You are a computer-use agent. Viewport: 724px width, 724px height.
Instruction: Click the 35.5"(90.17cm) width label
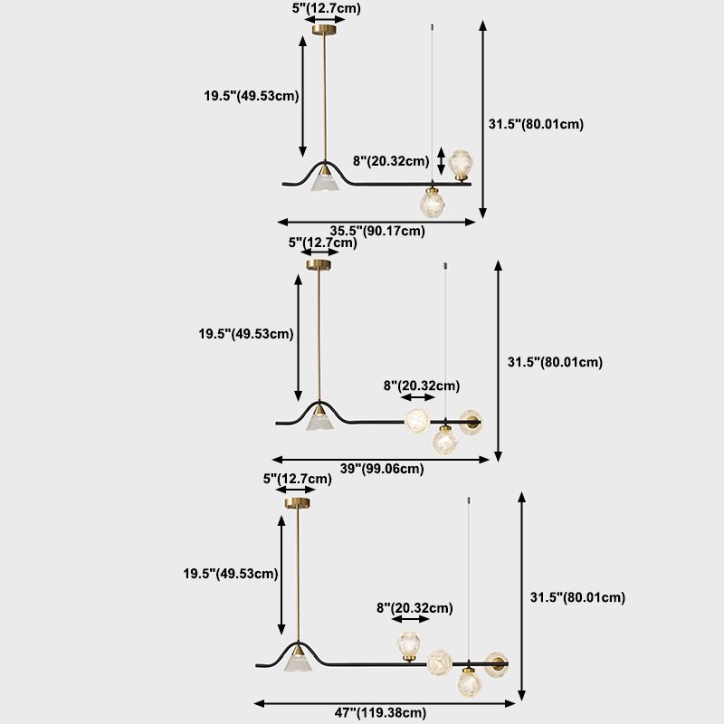point(377,230)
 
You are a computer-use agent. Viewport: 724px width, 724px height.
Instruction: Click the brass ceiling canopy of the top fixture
point(324,30)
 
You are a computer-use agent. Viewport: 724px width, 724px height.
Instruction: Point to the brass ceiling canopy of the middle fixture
point(319,264)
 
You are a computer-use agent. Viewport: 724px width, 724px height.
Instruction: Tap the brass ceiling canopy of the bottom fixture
point(298,502)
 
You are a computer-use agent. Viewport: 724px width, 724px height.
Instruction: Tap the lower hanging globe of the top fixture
point(433,202)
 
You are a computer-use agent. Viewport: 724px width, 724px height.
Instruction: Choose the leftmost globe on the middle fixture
point(417,421)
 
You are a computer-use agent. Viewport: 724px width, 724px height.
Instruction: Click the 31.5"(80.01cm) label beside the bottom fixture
point(577,597)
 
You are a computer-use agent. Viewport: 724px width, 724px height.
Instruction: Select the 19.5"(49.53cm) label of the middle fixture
point(246,334)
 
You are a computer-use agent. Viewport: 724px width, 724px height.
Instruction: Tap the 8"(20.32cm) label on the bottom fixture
point(414,608)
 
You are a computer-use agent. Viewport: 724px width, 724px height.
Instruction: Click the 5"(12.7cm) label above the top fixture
point(324,8)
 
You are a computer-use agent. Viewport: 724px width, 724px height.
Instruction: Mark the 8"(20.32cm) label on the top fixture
point(391,161)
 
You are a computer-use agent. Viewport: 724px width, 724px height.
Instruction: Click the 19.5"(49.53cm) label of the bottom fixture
point(231,573)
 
